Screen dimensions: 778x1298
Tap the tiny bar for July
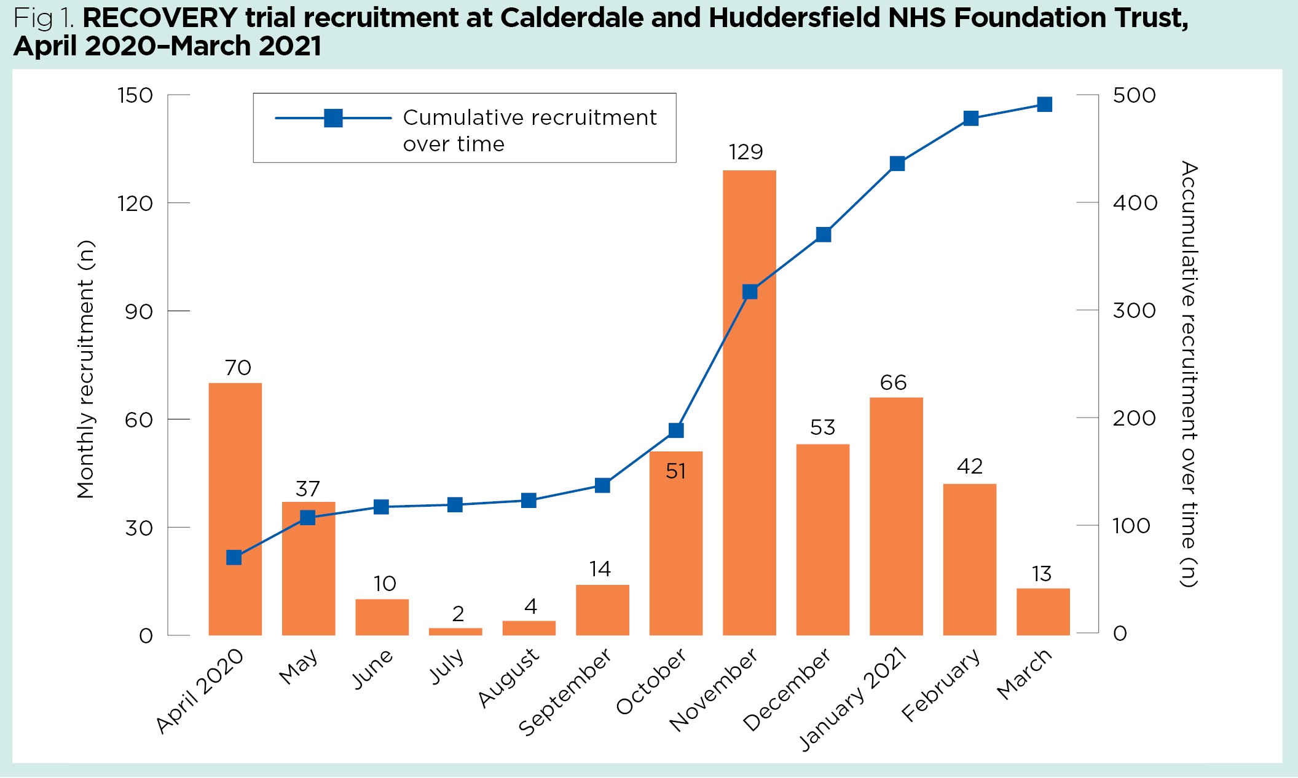point(455,631)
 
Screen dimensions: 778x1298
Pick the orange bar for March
point(1043,611)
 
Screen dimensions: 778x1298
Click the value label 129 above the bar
point(745,152)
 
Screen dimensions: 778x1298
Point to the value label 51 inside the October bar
point(675,471)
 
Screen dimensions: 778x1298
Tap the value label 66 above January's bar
point(893,383)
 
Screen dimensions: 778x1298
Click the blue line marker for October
point(676,430)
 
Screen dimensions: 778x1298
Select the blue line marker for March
point(1044,105)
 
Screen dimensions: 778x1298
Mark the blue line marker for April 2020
point(234,557)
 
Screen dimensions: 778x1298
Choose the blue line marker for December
point(824,234)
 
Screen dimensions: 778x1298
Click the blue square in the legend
point(333,118)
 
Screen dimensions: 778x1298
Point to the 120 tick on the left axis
point(135,203)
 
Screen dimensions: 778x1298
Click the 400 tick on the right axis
point(1135,203)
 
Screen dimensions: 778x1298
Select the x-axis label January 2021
point(853,699)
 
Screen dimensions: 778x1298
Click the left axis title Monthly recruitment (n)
point(85,369)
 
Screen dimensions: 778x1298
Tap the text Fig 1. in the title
point(44,18)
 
